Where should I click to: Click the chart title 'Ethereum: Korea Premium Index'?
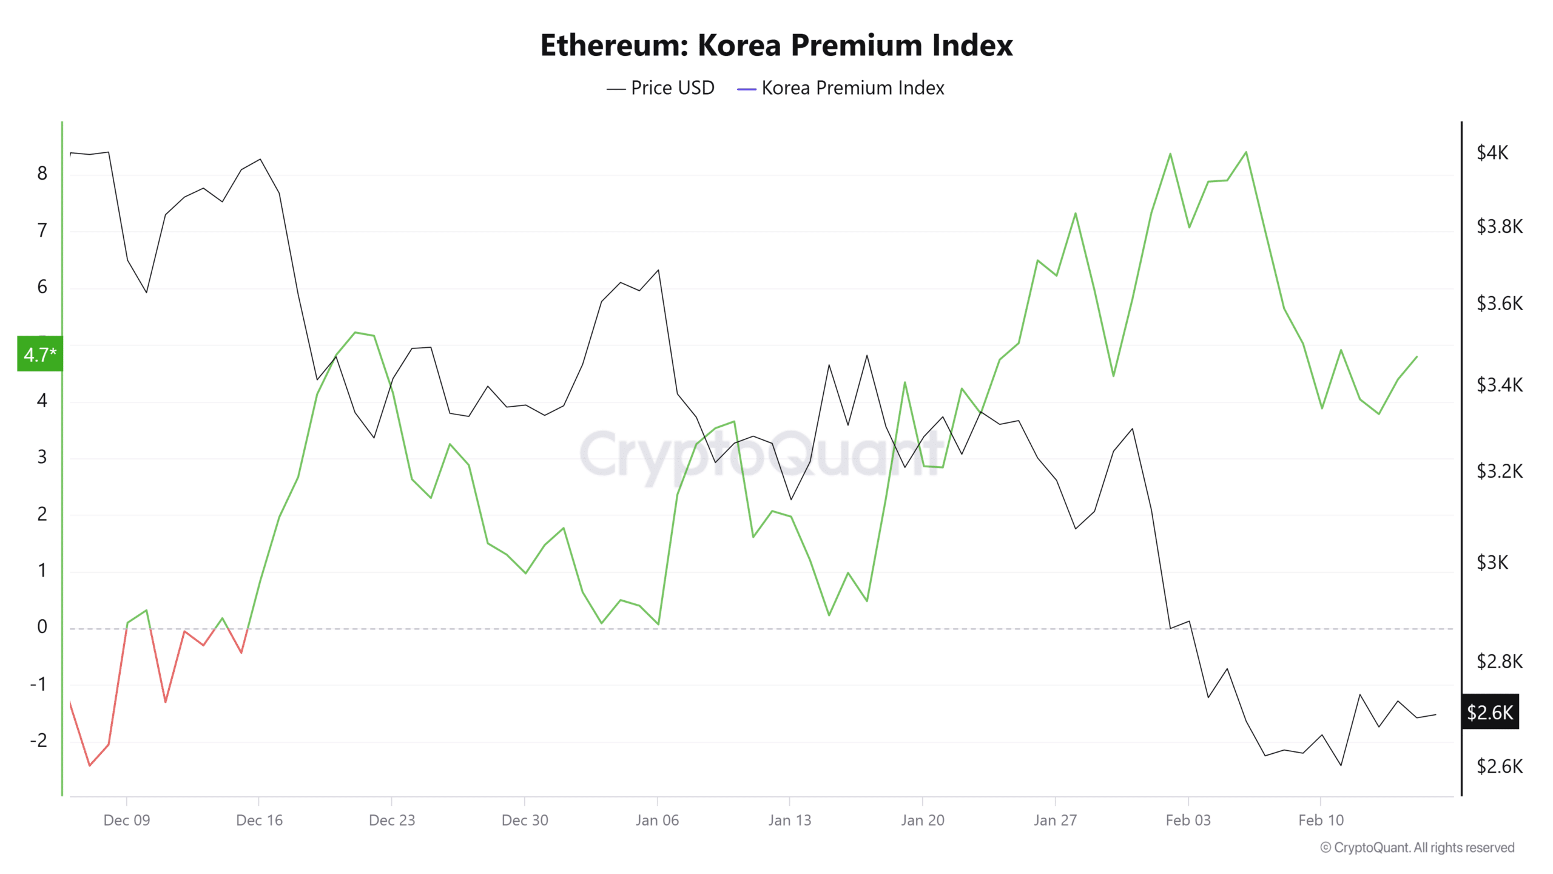(x=776, y=46)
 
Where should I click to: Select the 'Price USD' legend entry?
(x=661, y=88)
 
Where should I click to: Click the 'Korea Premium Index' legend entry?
(x=841, y=88)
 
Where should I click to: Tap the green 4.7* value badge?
(x=40, y=354)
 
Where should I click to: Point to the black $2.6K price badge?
(x=1490, y=712)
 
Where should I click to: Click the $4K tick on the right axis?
(x=1492, y=152)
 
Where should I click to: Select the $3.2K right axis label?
(x=1499, y=471)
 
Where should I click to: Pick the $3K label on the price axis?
(x=1492, y=563)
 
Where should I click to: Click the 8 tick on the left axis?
(x=42, y=174)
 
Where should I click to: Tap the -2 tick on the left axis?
(x=39, y=740)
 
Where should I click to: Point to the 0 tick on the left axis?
(x=42, y=626)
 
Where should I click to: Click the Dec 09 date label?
(x=126, y=821)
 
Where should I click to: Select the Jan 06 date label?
(x=657, y=821)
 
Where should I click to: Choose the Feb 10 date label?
(x=1321, y=821)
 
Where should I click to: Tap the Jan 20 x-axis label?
(x=922, y=821)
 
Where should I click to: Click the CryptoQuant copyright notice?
(x=1417, y=847)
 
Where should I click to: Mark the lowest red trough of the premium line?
(x=90, y=765)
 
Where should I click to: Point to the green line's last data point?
(x=1417, y=357)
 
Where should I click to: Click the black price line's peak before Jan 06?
(x=658, y=270)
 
